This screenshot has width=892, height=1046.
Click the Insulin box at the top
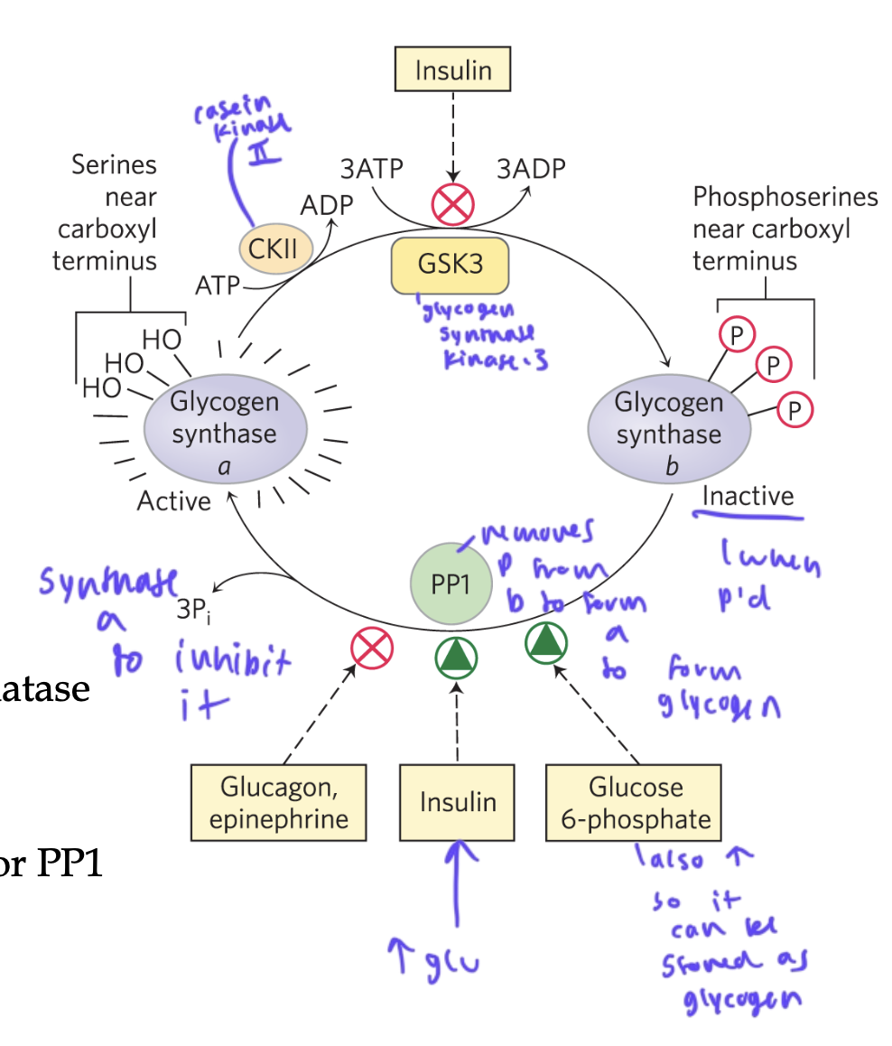coord(452,69)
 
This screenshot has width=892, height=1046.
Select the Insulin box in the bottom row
coord(457,801)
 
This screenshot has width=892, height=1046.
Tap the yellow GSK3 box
coord(450,266)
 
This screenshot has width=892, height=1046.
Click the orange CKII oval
coord(274,247)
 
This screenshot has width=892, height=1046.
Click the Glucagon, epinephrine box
coord(278,802)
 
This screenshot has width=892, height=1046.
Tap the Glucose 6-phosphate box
coord(635,802)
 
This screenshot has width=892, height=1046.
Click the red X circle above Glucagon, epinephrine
coord(372,648)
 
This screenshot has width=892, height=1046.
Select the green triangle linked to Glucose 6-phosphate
coord(547,641)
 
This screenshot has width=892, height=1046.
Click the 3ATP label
coord(371,169)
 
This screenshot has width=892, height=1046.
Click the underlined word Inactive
coord(748,496)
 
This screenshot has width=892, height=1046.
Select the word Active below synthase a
coord(173,500)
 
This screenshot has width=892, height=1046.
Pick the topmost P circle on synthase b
coord(737,335)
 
